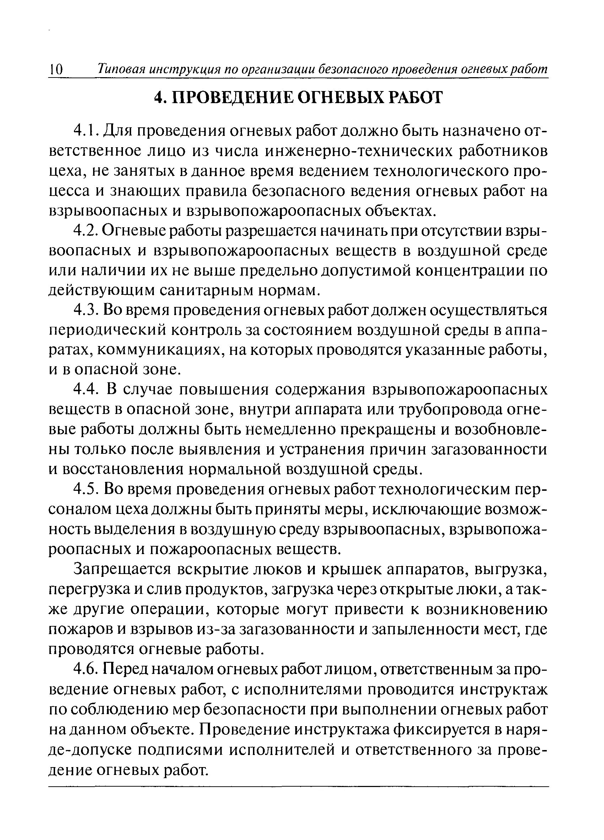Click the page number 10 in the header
[56, 70]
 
